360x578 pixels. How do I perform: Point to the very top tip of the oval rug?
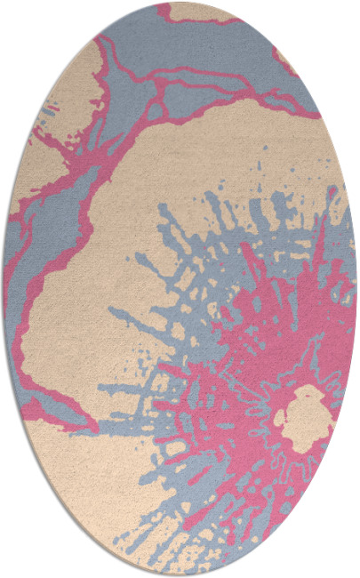coord(180,3)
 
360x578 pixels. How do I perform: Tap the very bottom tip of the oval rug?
coord(180,575)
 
